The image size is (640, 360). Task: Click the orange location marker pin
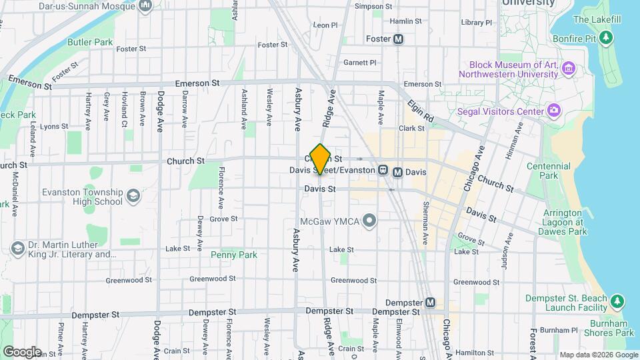[321, 159]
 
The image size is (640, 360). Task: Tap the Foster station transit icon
[399, 39]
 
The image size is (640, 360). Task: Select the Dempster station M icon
[430, 303]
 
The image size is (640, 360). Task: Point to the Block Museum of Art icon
[569, 68]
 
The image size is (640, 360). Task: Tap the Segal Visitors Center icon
[554, 109]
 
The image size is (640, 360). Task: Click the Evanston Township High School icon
[133, 197]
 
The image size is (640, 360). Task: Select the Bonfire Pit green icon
[606, 37]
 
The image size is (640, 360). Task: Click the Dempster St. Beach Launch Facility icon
[617, 302]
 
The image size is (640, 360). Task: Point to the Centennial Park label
[548, 171]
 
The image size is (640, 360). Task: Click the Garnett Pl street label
[360, 63]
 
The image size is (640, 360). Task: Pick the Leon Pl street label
[325, 25]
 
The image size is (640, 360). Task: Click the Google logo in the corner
[21, 351]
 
